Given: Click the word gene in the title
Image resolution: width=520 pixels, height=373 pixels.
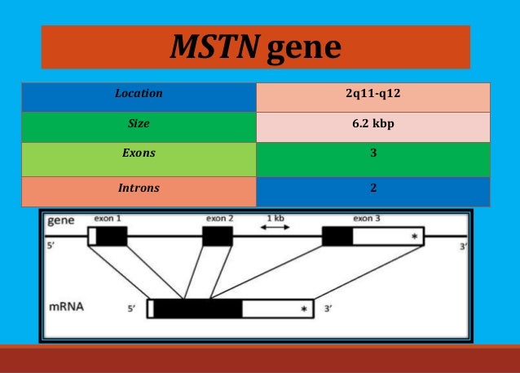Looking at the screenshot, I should pyautogui.click(x=303, y=48).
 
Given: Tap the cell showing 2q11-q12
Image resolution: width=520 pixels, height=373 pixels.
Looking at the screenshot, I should pyautogui.click(x=372, y=94).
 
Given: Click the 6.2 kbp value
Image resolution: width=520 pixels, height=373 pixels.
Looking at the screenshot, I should pyautogui.click(x=372, y=125).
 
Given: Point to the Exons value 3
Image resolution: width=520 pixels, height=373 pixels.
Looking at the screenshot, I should pyautogui.click(x=372, y=153).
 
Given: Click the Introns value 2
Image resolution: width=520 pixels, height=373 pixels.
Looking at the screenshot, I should pyautogui.click(x=372, y=188).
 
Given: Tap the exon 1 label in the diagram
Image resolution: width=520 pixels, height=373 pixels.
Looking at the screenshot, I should pyautogui.click(x=108, y=219).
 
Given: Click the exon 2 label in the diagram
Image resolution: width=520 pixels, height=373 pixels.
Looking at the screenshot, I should pyautogui.click(x=219, y=219).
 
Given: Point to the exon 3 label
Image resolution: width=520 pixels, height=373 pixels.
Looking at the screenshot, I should pyautogui.click(x=367, y=219).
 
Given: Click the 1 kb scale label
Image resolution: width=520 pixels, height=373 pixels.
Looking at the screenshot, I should pyautogui.click(x=275, y=218).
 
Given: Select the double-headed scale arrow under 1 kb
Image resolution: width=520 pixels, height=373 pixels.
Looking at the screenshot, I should pyautogui.click(x=275, y=228).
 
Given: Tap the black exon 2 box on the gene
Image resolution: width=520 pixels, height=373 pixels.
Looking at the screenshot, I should pyautogui.click(x=218, y=237).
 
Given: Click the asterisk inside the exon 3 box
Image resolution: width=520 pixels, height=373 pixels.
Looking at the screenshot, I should pyautogui.click(x=414, y=238).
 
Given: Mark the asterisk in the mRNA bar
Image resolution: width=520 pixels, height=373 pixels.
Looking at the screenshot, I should pyautogui.click(x=303, y=309).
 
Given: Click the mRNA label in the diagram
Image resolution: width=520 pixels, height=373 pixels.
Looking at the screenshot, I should pyautogui.click(x=68, y=308).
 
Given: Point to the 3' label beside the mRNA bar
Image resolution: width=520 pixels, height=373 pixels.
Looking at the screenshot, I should pyautogui.click(x=328, y=309).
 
